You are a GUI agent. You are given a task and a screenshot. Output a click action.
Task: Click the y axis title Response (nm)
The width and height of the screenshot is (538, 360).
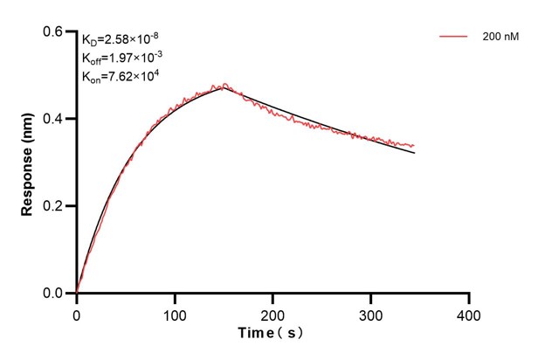pos(28,163)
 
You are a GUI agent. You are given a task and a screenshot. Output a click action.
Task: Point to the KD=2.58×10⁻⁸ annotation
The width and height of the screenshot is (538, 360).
pos(121,39)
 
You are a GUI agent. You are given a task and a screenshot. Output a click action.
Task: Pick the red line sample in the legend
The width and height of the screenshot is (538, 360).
pos(454,37)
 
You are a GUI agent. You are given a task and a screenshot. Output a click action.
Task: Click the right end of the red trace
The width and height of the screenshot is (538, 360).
pos(414,145)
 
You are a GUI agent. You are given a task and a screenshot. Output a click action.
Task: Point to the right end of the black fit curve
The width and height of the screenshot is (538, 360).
pos(414,153)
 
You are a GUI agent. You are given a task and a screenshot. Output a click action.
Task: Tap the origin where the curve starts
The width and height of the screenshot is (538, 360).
pos(77,293)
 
